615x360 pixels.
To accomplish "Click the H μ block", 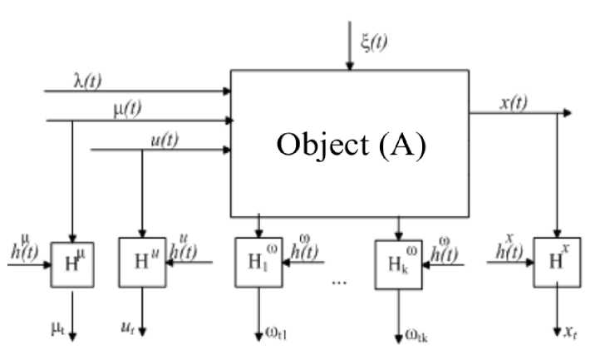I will [x=72, y=264].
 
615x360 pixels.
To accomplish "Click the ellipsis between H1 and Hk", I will [x=337, y=281].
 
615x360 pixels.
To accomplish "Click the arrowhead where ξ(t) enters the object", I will [x=350, y=67].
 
